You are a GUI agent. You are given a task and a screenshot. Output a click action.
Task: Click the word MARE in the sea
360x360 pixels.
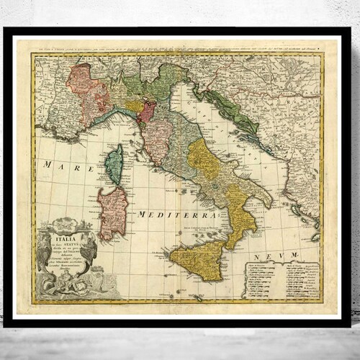click(x=60, y=166)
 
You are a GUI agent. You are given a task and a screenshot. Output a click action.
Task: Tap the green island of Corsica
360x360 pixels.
click(x=114, y=165)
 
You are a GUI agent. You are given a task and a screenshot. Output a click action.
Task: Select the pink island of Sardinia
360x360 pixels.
click(x=112, y=212)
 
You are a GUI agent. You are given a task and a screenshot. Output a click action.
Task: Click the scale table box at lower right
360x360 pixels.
click(x=281, y=279)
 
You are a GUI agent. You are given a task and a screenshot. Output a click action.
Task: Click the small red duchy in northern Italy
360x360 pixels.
click(x=147, y=111)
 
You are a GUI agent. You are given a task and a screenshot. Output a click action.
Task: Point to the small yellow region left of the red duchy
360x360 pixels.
click(x=134, y=105)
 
